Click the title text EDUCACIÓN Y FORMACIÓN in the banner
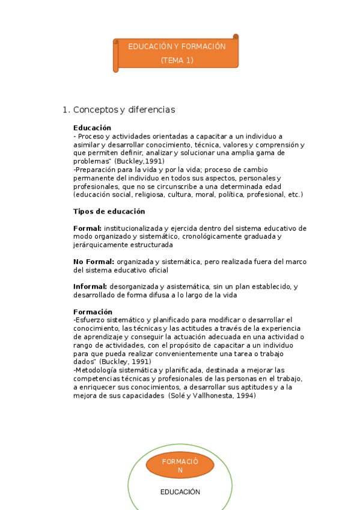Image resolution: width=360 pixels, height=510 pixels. [177, 46]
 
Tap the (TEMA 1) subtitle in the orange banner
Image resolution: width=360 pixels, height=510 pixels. [177, 60]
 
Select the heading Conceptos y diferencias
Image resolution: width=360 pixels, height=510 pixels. [124, 110]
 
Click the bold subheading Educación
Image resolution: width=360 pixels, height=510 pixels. [92, 127]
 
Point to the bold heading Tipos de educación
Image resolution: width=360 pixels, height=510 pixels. [109, 212]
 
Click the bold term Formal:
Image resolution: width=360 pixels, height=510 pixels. [88, 229]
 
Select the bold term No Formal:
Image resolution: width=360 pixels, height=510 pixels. [94, 262]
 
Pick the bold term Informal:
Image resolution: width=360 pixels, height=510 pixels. [90, 287]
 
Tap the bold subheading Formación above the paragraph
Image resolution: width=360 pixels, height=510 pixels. [93, 312]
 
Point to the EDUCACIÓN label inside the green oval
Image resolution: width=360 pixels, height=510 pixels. [180, 492]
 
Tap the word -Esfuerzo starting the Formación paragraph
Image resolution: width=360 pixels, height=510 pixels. [90, 320]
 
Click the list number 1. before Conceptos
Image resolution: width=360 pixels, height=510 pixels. [66, 110]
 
